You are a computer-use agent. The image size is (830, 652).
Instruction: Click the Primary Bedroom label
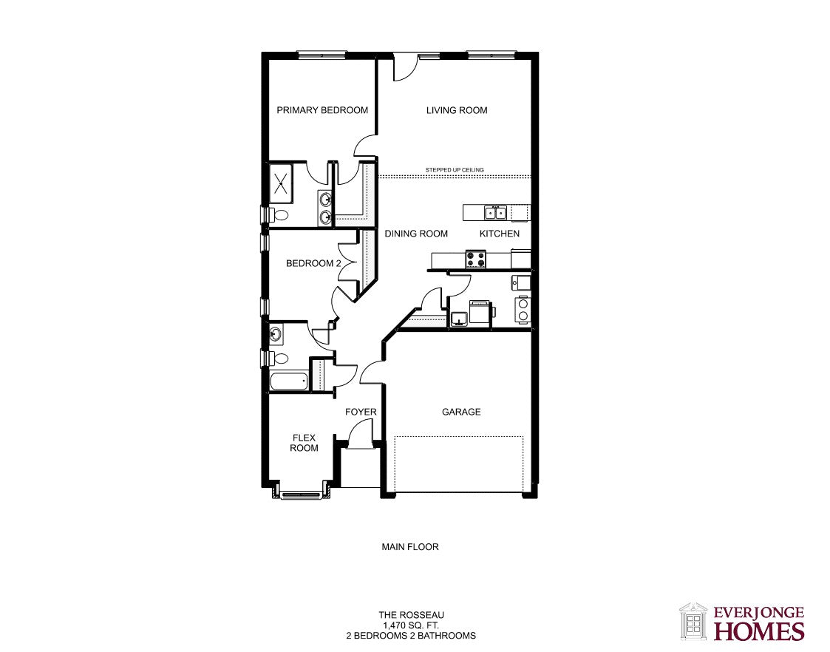tap(322, 110)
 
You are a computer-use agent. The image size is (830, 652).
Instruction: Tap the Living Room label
tap(457, 110)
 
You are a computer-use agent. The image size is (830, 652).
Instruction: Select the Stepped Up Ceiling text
tap(455, 170)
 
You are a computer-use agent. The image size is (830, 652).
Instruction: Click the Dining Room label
tap(416, 234)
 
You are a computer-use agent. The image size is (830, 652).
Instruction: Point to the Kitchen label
tap(499, 234)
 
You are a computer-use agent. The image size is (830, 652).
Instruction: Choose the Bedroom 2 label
tap(313, 263)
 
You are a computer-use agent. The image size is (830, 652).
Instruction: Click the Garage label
tap(461, 412)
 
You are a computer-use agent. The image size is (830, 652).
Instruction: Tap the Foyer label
tap(361, 412)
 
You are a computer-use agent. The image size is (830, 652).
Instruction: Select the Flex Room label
tap(304, 442)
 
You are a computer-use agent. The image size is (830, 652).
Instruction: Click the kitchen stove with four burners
tap(475, 259)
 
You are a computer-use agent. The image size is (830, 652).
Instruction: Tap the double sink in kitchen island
tap(495, 213)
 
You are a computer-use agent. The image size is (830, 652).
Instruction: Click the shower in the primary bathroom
tap(281, 183)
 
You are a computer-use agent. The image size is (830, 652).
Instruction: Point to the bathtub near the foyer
tap(289, 381)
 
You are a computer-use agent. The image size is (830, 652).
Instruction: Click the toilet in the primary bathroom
tap(279, 215)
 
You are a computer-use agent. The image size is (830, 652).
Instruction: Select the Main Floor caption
tap(410, 547)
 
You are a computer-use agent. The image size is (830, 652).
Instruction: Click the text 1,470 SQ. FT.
tap(411, 625)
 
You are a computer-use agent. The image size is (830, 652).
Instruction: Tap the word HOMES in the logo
tap(760, 631)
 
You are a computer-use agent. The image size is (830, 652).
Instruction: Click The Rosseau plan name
tap(411, 615)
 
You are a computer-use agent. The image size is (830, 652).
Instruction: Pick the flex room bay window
tap(302, 495)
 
